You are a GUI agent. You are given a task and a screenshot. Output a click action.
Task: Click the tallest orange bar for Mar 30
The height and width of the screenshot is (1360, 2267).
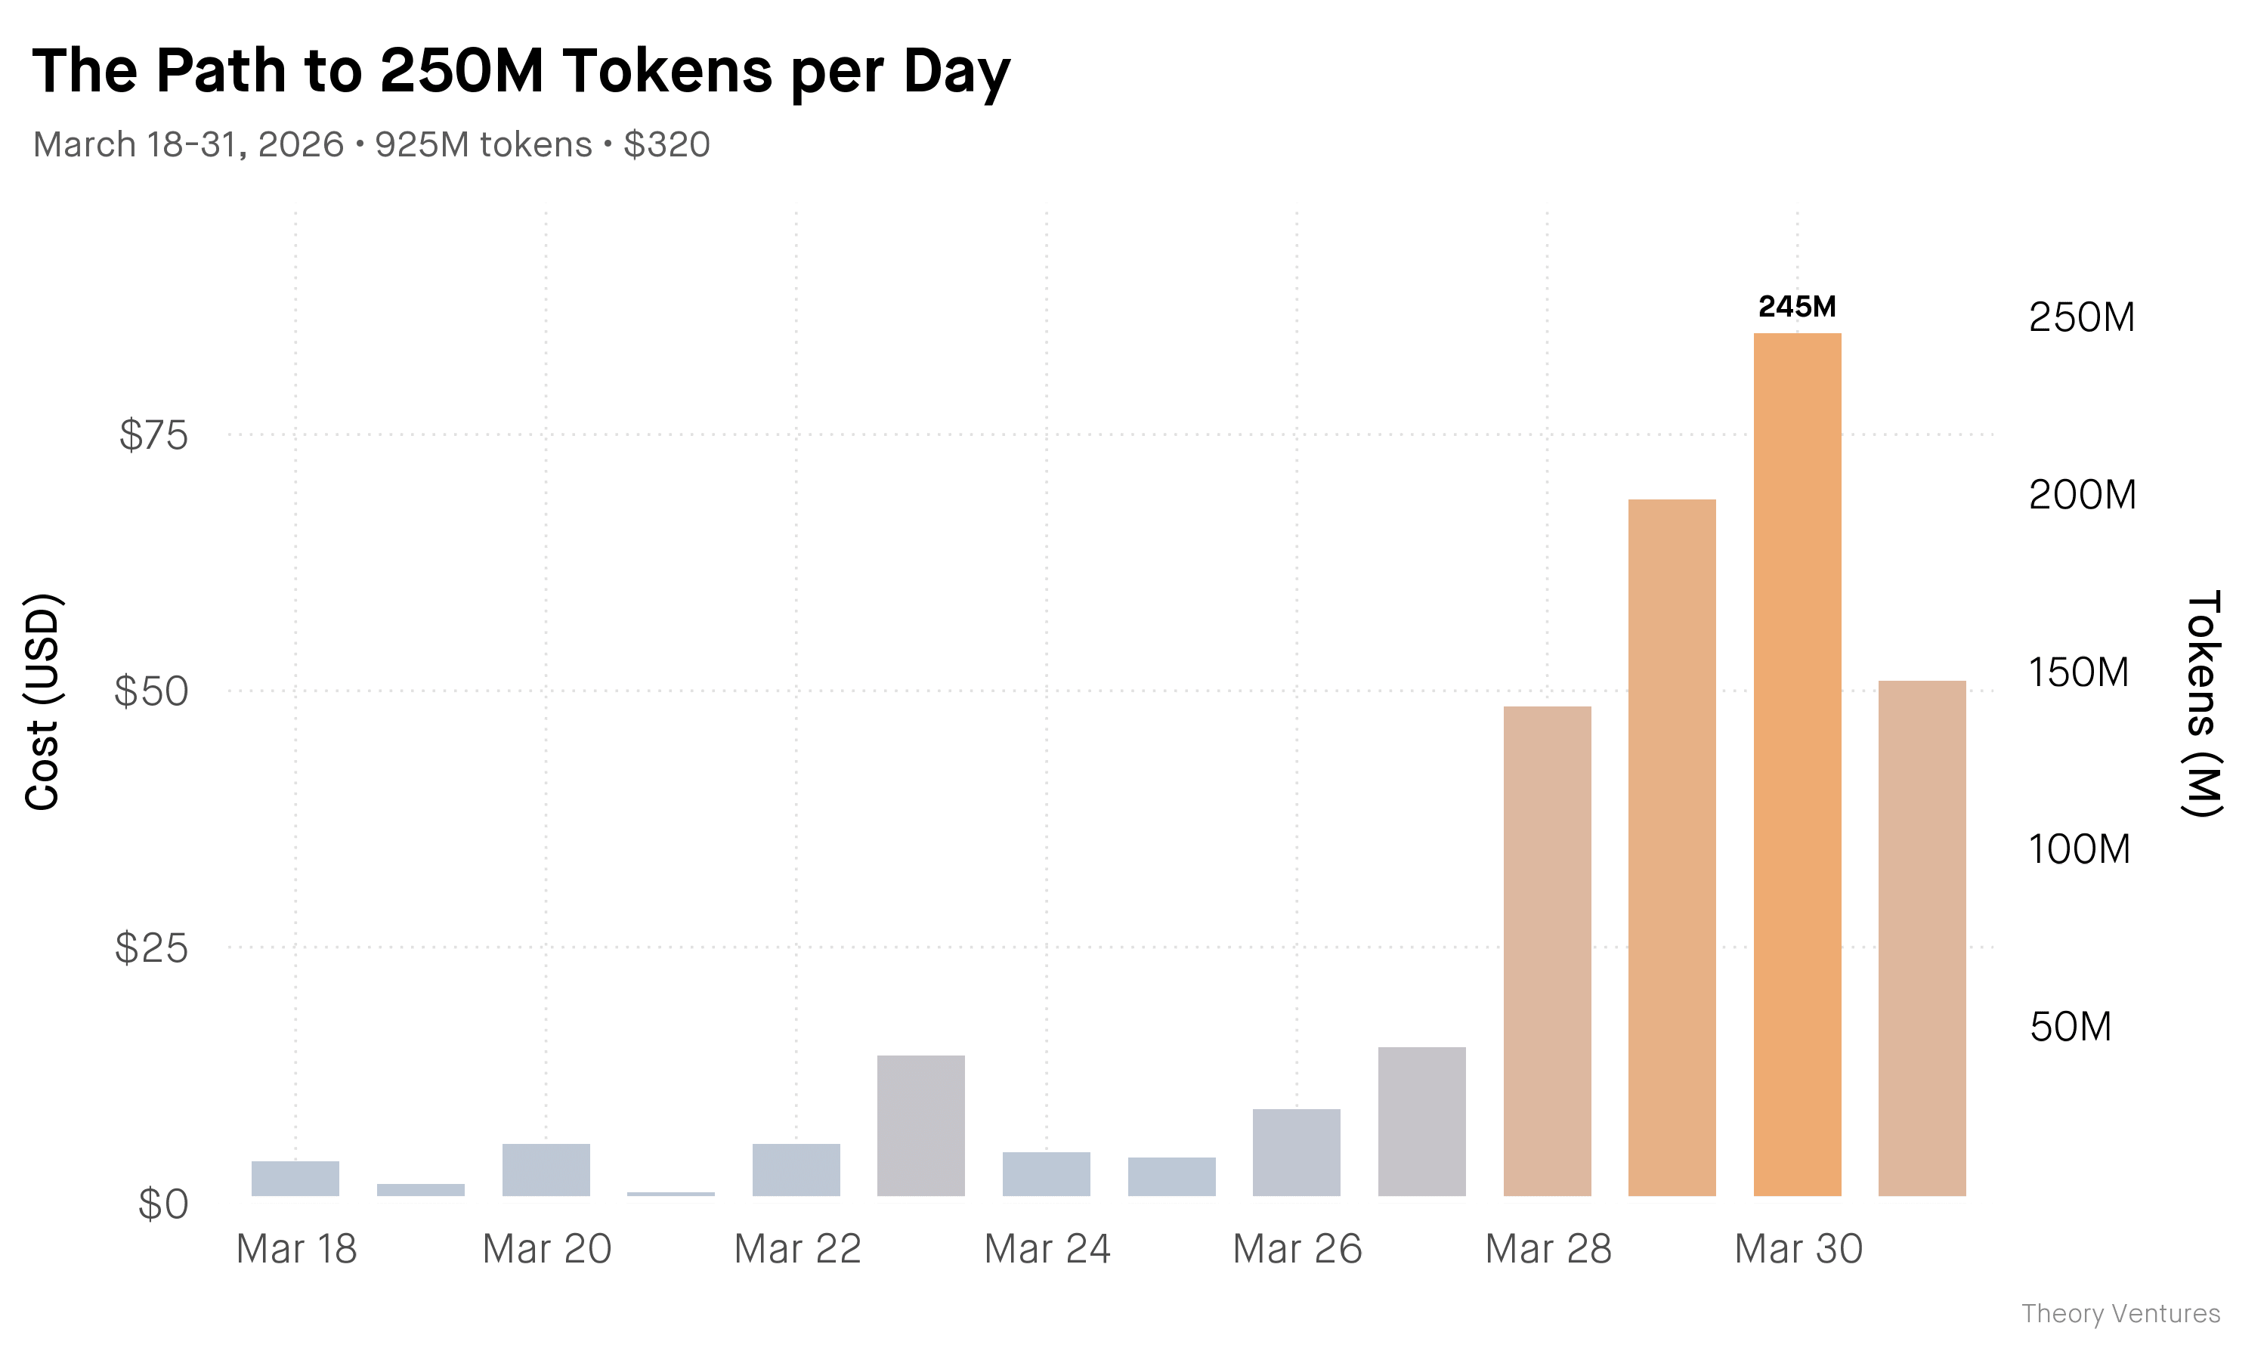[1796, 765]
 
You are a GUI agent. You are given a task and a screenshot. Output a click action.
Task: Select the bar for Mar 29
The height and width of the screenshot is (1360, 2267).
[1672, 847]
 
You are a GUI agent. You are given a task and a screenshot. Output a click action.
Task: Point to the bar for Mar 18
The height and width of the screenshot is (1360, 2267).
[295, 1179]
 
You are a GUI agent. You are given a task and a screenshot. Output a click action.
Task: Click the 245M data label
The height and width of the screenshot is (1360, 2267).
[1796, 307]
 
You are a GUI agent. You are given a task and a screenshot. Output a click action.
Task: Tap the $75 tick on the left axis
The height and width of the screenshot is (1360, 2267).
[153, 434]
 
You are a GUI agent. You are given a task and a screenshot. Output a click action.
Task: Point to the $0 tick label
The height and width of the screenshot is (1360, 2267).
[163, 1204]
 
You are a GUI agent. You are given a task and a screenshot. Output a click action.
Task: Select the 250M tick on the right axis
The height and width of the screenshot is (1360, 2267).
[2081, 317]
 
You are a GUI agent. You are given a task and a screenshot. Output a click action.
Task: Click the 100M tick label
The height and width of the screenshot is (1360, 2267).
[2079, 849]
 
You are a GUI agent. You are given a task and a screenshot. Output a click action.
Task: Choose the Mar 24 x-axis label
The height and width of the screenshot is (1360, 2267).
[1047, 1249]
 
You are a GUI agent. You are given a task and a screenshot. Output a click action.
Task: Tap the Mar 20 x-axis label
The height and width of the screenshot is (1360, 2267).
[546, 1249]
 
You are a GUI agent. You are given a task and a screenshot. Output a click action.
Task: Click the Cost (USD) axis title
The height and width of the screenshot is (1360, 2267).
[42, 702]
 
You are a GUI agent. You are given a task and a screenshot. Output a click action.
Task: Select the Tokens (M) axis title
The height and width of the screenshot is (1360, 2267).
[2202, 702]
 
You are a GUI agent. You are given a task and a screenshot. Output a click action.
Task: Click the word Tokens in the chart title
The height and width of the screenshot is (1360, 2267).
[668, 72]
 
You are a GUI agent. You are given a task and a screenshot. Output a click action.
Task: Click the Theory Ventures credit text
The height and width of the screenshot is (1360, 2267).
[2120, 1313]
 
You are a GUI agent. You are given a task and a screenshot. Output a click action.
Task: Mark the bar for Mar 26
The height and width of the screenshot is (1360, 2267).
[1296, 1152]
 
